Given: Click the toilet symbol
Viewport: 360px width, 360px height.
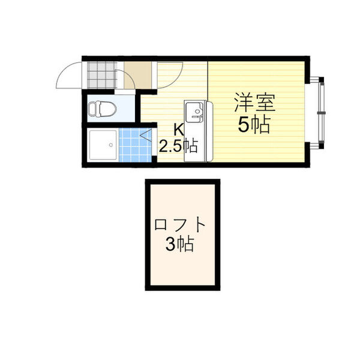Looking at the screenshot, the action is tap(103, 108).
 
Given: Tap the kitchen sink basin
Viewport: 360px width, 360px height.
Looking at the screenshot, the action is tap(194, 112).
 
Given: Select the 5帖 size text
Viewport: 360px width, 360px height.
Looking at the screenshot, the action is tap(253, 125).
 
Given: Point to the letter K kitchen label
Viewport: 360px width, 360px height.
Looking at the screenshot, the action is tap(179, 131).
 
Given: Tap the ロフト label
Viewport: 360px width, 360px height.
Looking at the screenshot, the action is tap(179, 225).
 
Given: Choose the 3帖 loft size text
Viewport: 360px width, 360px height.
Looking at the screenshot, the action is tap(180, 244).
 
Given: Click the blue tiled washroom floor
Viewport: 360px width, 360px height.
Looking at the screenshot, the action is tap(135, 145).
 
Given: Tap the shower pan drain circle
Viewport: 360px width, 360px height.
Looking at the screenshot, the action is tap(111, 145).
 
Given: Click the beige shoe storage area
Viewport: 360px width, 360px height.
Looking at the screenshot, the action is tap(137, 75).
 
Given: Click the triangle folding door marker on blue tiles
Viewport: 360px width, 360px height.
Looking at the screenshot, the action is tap(146, 135).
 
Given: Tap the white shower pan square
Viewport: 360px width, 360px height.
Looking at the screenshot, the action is tap(103, 145).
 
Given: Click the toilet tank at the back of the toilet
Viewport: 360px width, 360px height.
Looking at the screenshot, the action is tap(92, 109).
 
